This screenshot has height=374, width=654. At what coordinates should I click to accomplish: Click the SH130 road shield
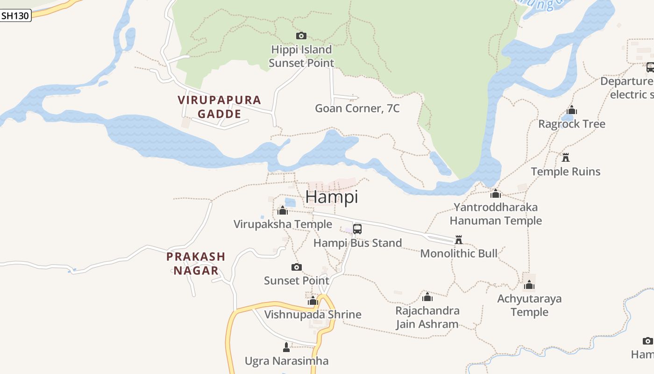15,15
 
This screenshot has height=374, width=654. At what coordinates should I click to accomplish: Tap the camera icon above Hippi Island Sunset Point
301,36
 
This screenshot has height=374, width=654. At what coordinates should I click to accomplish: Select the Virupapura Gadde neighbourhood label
219,107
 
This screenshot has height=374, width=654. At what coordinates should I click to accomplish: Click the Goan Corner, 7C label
357,108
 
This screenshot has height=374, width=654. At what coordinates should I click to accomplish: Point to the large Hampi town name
332,197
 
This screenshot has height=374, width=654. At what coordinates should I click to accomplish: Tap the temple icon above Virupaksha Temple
282,211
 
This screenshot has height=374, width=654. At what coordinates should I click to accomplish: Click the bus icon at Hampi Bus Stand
357,229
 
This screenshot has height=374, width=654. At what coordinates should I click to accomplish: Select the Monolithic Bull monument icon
459,240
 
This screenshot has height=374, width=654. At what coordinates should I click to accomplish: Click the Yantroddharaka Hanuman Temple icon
496,194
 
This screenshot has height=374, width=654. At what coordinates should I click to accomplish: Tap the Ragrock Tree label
571,124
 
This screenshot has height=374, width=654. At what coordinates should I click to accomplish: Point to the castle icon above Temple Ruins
566,158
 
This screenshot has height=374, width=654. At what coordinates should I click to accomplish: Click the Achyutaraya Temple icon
529,285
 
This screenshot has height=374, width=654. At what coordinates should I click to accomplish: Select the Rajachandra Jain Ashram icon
427,297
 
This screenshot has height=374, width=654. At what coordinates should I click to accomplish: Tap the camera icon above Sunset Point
297,267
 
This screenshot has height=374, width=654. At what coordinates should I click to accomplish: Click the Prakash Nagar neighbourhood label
196,263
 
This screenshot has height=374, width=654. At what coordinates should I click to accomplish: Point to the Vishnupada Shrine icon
313,301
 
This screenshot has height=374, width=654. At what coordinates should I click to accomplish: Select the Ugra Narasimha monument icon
286,347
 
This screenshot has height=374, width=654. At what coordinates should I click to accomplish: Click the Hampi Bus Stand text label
357,243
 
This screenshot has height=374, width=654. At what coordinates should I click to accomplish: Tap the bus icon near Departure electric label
650,67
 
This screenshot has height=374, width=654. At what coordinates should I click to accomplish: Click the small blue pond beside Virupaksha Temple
290,202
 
